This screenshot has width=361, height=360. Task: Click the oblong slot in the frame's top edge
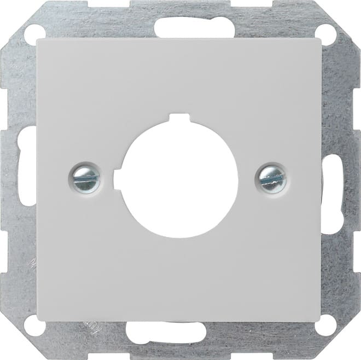pos(179,25)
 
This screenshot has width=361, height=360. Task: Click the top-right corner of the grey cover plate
pos(322,39)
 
